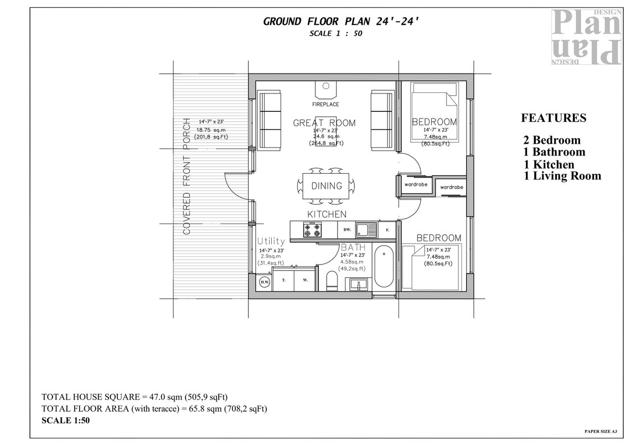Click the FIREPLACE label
(325, 104)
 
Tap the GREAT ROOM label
(324, 123)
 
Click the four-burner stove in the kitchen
(312, 230)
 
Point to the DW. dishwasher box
(347, 230)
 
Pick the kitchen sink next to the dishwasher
(366, 229)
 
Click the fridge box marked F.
(387, 230)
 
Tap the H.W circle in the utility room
(265, 282)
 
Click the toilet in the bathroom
(332, 280)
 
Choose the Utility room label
(271, 241)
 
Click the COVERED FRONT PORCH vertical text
(187, 176)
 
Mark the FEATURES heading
(554, 118)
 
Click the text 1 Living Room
(562, 176)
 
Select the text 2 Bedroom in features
(552, 141)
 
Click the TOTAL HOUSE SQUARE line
(135, 397)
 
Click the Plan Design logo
(586, 37)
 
